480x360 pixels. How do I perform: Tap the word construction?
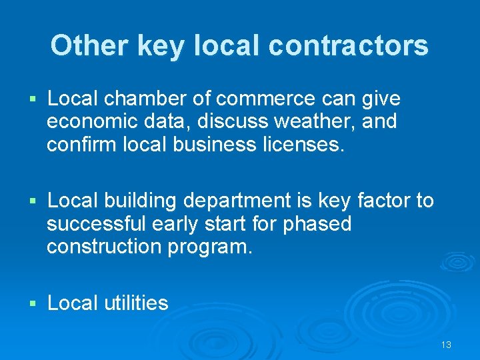103,247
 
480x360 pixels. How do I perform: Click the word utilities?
136,303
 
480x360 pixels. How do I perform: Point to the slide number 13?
446,345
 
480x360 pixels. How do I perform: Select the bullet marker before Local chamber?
33,100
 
